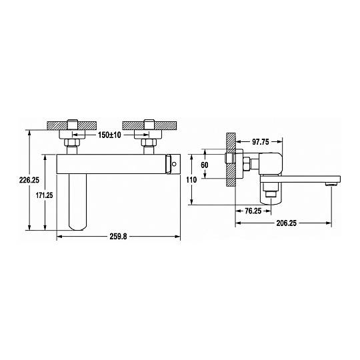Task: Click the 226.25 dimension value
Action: [x=29, y=180]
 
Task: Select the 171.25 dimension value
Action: [x=44, y=195]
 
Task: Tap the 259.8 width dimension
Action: [x=118, y=237]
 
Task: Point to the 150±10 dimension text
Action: [x=109, y=135]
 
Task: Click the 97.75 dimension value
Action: [x=261, y=142]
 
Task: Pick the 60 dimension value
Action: [x=205, y=165]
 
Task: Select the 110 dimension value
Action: [x=191, y=180]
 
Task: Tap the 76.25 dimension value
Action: [x=253, y=211]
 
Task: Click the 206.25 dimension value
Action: [x=286, y=223]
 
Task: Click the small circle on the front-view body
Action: [x=174, y=164]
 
